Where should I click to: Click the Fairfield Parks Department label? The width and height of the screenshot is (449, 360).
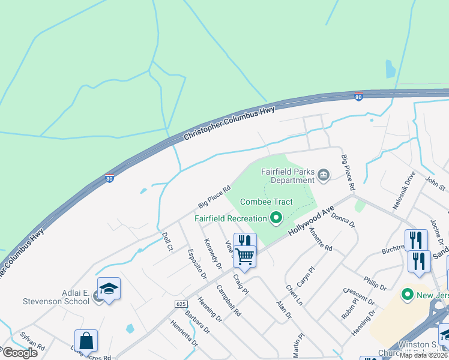coord(288,175)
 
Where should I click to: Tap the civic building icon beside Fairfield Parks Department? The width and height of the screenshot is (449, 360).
coord(324,175)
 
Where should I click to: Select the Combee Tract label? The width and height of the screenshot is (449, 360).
coord(267,202)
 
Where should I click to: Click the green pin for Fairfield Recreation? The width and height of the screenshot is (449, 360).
coord(276,218)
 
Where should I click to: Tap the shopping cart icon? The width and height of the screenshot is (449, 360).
coord(245,257)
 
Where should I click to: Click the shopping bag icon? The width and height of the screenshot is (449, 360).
coord(86,340)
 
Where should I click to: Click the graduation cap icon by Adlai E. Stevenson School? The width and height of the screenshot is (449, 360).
coord(109,289)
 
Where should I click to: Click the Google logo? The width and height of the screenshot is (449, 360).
coord(19,353)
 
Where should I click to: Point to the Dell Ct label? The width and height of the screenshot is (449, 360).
coord(168,242)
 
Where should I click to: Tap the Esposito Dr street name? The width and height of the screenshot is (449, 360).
coord(197,264)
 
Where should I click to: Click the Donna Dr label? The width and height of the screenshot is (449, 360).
coord(343,221)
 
